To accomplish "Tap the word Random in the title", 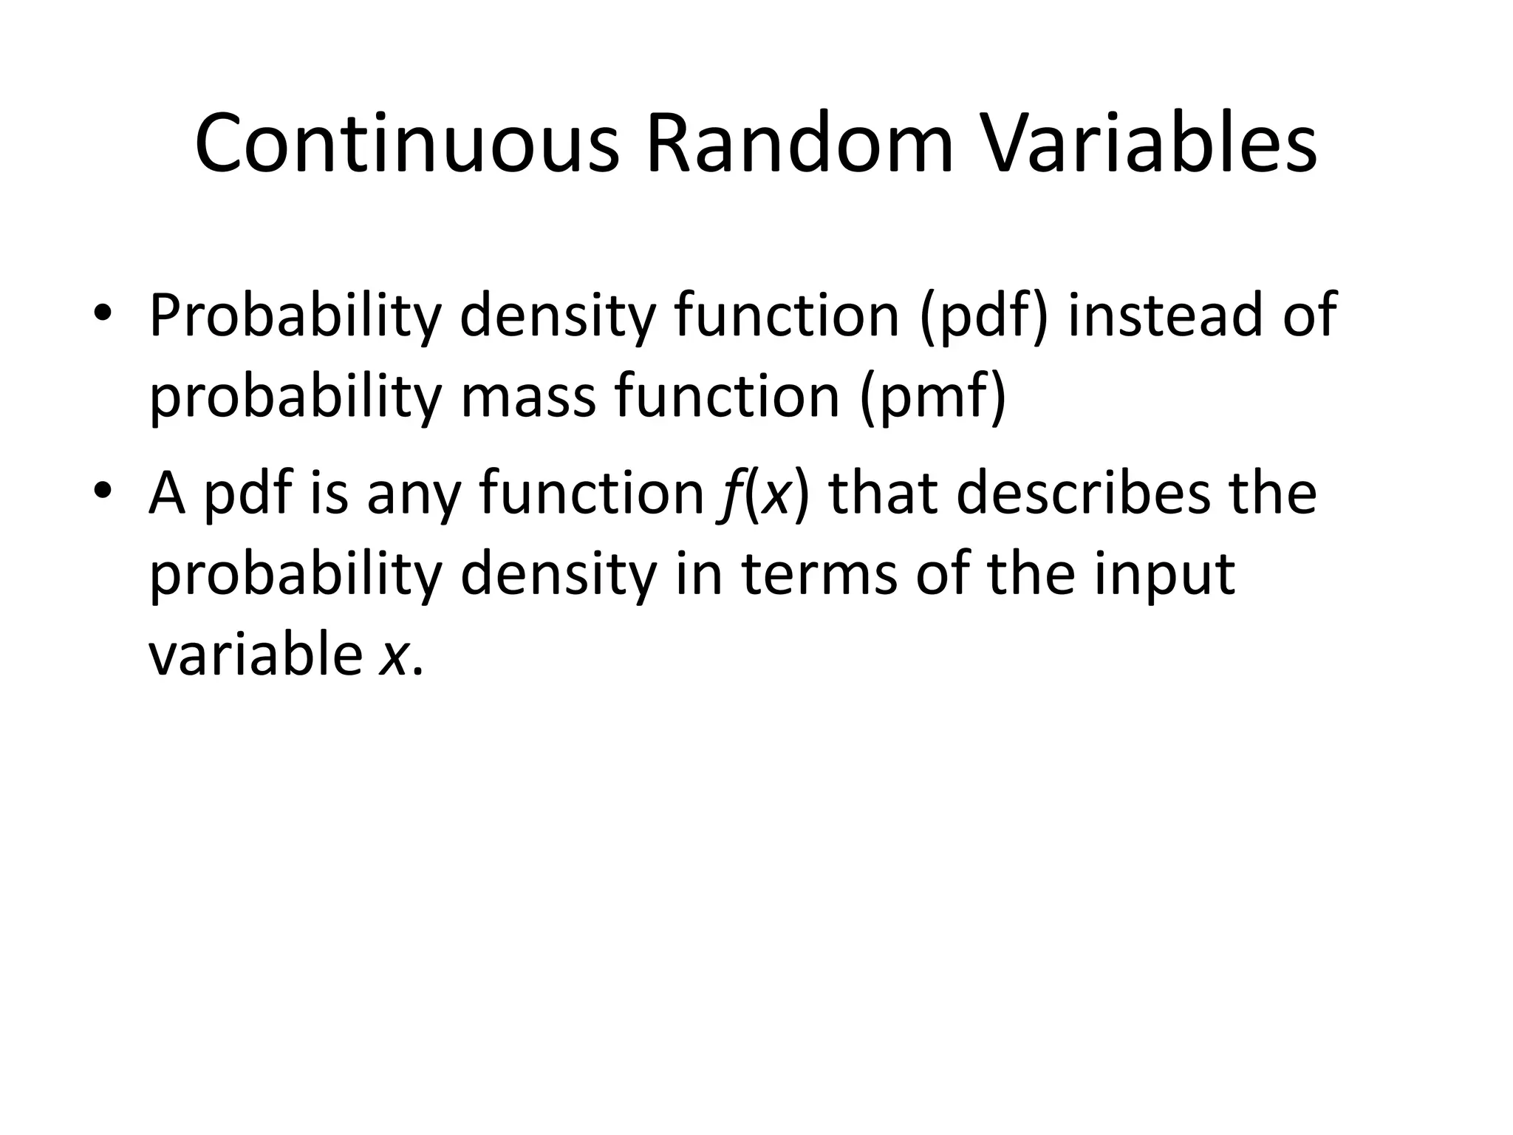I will click(x=800, y=144).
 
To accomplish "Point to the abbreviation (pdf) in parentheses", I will click(x=983, y=316).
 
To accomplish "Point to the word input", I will click(x=1164, y=576).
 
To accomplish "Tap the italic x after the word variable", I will click(x=392, y=658).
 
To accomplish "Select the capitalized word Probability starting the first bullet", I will click(x=295, y=316).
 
